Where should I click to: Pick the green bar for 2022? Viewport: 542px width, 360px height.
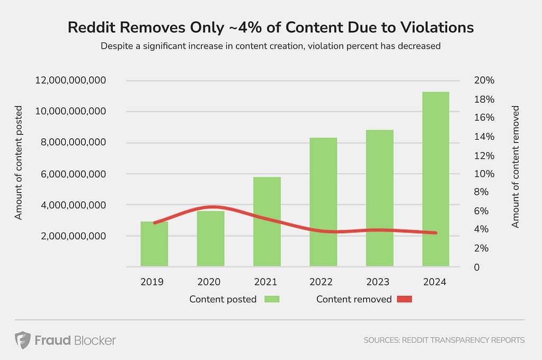coord(323,202)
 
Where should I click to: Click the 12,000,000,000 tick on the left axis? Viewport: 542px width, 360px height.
coord(71,80)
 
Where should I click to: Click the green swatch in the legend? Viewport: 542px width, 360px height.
coord(271,299)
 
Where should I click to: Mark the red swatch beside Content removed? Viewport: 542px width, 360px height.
coord(404,299)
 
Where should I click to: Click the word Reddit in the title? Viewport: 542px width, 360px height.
coord(90,28)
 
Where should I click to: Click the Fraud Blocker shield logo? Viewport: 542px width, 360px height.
coord(22,340)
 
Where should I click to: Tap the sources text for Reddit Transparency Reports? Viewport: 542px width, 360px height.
coord(444,340)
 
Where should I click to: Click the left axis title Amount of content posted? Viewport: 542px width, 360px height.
coord(19,163)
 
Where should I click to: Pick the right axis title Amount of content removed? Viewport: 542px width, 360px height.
coord(516,167)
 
